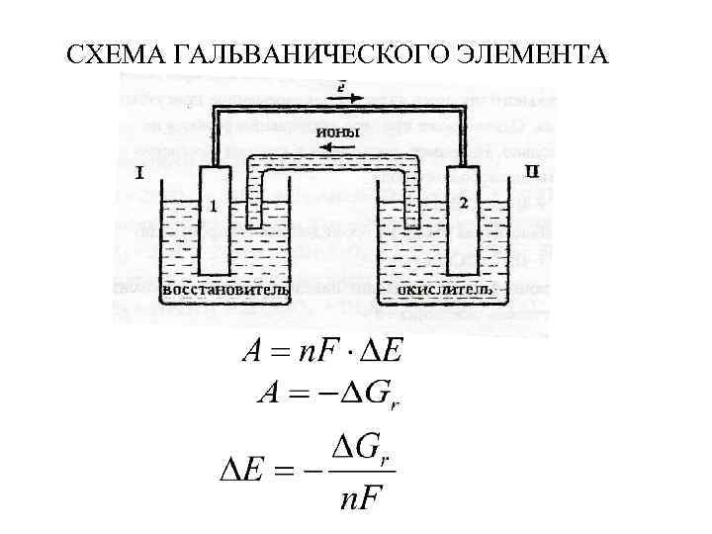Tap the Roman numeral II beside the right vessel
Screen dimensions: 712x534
pos(532,172)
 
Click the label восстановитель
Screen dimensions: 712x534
pos(225,291)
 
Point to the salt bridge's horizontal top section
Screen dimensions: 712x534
pos(327,161)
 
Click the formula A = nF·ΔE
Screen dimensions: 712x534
pos(324,351)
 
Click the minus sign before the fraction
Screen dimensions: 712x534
pos(313,470)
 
